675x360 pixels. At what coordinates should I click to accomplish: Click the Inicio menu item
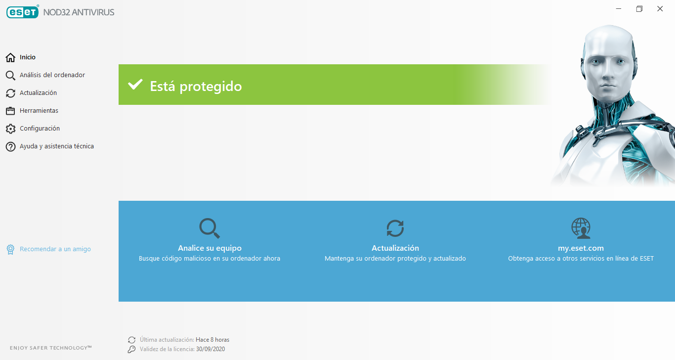[x=27, y=57]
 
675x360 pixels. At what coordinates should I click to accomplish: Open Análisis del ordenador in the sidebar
[x=52, y=75]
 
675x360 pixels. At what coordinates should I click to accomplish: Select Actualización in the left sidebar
[x=38, y=93]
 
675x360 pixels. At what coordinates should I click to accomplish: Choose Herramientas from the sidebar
[x=39, y=111]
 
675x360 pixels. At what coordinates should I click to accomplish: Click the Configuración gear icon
[x=10, y=129]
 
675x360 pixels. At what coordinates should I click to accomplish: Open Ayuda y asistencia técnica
[x=56, y=146]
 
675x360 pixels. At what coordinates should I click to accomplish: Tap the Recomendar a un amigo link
[x=55, y=249]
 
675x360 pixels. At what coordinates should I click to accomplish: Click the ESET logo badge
[x=23, y=12]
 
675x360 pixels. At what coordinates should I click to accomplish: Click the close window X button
[x=660, y=9]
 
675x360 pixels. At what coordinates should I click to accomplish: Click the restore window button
[x=639, y=9]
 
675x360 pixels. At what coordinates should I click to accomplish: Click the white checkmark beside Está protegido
[x=135, y=85]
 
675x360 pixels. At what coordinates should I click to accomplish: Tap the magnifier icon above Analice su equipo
[x=210, y=228]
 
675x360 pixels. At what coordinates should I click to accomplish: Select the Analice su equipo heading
[x=210, y=248]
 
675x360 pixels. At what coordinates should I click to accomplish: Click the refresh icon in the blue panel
[x=395, y=228]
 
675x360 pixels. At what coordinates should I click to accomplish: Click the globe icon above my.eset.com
[x=581, y=228]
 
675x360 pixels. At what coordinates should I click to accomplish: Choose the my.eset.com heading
[x=581, y=248]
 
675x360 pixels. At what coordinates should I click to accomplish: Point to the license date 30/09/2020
[x=211, y=349]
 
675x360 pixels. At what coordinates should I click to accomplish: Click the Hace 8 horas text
[x=212, y=340]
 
